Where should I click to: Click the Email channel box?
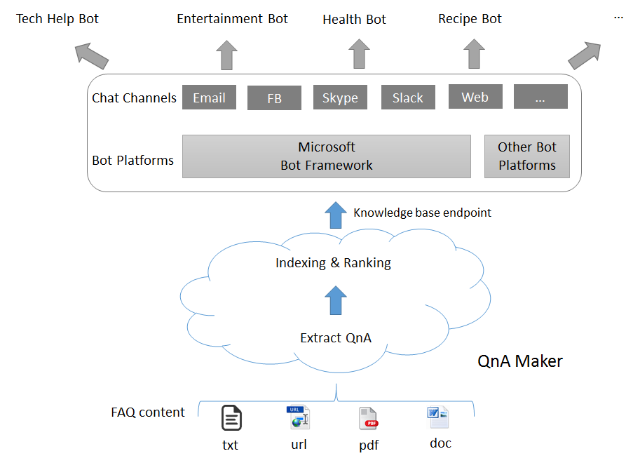pos(209,97)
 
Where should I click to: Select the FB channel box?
pos(275,98)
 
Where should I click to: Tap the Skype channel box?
pos(340,97)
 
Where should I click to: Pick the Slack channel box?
pos(408,97)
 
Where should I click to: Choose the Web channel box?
pos(475,97)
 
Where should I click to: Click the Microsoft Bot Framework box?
pos(327,156)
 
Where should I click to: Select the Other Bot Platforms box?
pos(527,156)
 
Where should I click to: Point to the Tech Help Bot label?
pos(57,18)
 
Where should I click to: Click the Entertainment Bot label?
pos(232,18)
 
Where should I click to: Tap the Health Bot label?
pos(355,19)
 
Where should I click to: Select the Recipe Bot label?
pos(470,18)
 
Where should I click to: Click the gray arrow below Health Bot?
pos(359,54)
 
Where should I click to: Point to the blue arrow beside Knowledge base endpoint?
pos(336,215)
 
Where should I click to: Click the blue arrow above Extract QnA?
pos(336,300)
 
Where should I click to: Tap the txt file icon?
pos(232,417)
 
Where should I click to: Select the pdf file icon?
pos(369,419)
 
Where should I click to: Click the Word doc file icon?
pos(438,417)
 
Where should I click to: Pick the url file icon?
pos(298,417)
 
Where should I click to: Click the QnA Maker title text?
pos(520,361)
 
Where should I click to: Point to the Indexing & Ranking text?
pos(334,263)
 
